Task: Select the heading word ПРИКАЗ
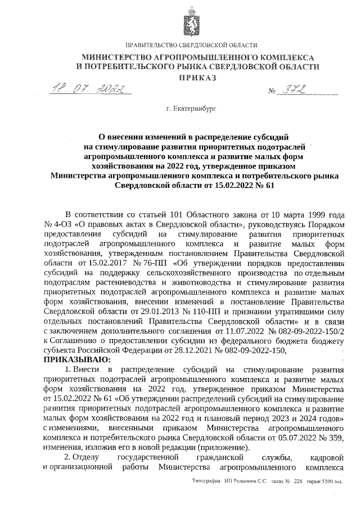(x=197, y=78)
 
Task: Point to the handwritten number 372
(x=291, y=90)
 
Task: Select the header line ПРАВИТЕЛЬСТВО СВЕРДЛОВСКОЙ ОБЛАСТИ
(x=191, y=45)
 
